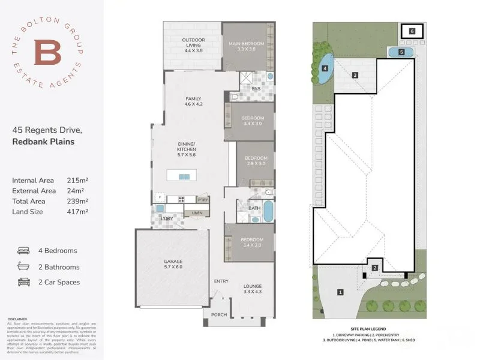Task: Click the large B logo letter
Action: (47, 52)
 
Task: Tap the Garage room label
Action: (173, 265)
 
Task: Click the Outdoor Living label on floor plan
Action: (194, 44)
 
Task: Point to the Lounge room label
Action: (251, 289)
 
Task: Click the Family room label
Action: (193, 101)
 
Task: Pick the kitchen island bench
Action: (184, 176)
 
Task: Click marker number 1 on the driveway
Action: (340, 292)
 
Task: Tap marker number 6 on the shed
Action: (412, 31)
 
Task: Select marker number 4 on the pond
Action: (325, 68)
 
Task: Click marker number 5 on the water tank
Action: (401, 53)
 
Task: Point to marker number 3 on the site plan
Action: (355, 75)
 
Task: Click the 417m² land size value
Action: (78, 212)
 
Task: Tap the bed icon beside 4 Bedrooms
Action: (23, 251)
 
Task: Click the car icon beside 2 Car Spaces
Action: (23, 282)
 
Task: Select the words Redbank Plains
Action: (43, 142)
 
